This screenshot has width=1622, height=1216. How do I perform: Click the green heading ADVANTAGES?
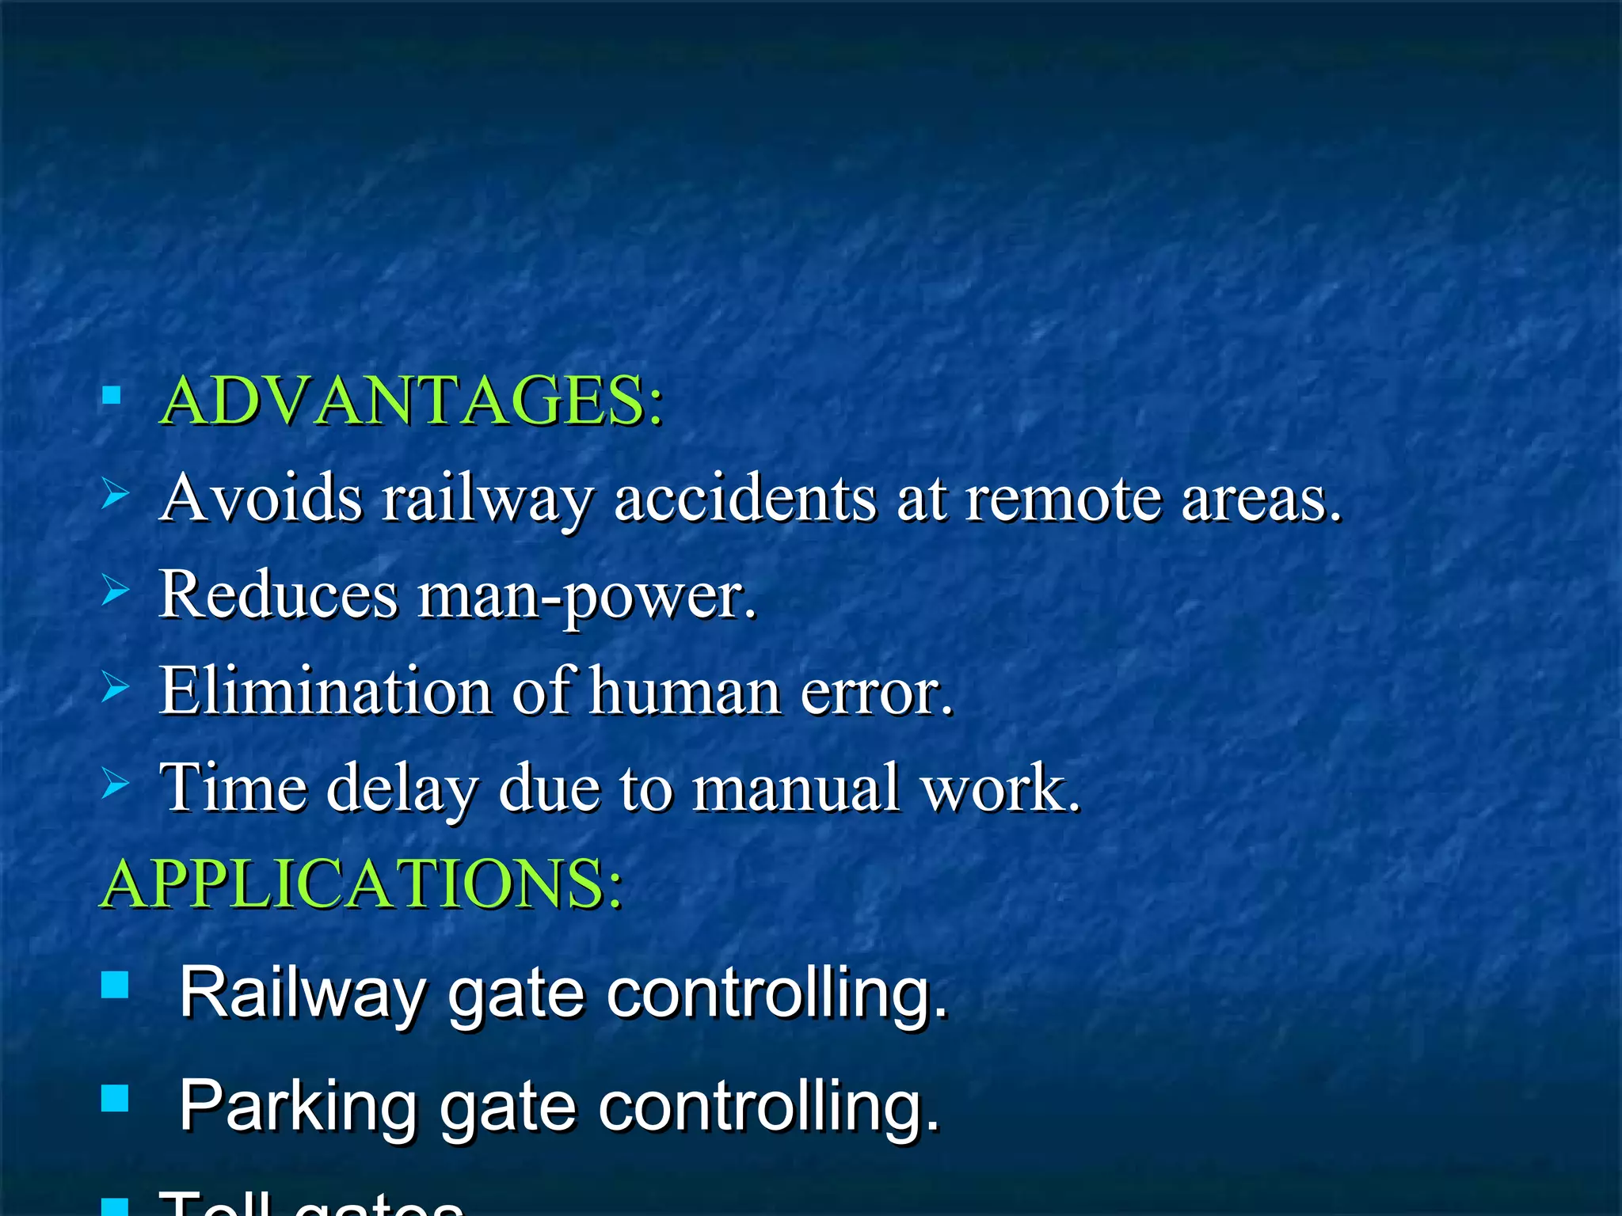410,401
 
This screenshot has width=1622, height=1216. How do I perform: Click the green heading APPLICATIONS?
361,883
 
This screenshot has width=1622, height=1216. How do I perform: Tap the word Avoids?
261,498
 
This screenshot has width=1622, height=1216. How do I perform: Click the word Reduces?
278,595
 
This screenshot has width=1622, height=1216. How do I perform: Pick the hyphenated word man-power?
587,598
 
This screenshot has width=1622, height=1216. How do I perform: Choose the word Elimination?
326,691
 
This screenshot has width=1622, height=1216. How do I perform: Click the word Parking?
298,1106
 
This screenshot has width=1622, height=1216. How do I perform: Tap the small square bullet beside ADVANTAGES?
112,396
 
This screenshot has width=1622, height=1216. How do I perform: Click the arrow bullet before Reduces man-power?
115,591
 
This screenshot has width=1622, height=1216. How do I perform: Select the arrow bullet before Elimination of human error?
115,687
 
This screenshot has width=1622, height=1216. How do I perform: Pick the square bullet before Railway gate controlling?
116,986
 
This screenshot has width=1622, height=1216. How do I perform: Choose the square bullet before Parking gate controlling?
116,1099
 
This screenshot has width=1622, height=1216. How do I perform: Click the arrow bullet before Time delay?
115,784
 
